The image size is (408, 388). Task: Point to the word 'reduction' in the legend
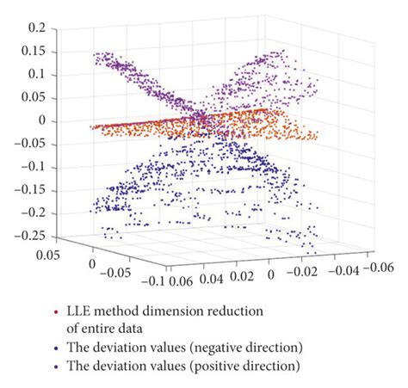tap(259, 309)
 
